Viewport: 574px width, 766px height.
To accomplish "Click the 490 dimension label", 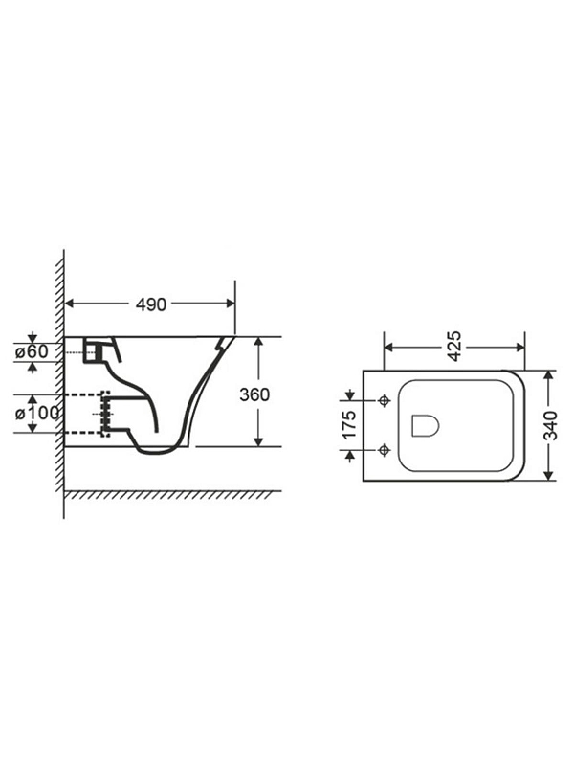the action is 151,304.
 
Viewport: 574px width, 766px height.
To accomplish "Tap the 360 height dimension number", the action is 254,394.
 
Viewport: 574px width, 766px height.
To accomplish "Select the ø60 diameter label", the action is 32,351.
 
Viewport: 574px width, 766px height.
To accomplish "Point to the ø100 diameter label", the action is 37,414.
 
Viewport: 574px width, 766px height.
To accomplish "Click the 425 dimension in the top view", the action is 453,347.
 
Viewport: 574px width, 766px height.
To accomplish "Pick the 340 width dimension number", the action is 551,425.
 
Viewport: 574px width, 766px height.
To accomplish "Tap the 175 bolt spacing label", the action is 349,425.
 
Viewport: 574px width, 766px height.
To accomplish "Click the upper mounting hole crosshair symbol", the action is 386,401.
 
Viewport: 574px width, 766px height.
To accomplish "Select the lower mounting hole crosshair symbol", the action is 386,449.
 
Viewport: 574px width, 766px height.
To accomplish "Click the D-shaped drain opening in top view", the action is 425,425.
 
